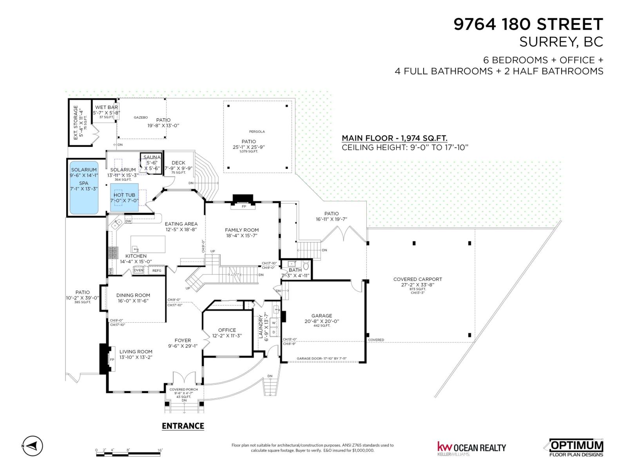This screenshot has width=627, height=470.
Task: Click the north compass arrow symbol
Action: pos(33,445)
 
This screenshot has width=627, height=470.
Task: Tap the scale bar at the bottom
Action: pos(129,454)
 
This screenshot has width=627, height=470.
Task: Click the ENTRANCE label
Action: pos(183,426)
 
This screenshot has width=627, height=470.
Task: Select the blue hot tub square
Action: pos(124,197)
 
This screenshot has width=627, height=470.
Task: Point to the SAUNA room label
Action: pos(152,157)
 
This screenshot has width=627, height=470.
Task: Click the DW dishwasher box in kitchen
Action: pos(128,221)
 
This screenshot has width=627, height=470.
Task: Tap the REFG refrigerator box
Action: pos(156,270)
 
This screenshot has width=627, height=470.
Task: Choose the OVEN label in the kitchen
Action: pos(139,270)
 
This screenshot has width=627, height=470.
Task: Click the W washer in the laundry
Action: pos(274,323)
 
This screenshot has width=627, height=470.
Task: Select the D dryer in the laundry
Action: pos(274,332)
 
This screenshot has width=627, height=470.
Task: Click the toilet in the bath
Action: pos(306,265)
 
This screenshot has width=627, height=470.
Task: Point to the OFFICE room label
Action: pos(227,330)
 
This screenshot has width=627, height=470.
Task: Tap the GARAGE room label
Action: pos(322,316)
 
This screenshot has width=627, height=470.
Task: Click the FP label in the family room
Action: pos(244,206)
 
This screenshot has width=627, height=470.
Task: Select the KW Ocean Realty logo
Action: pos(471,448)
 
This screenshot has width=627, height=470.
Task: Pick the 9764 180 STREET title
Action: pos(528,24)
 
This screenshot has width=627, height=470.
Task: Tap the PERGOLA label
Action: pos(257,132)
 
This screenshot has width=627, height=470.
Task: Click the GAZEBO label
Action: pos(141,117)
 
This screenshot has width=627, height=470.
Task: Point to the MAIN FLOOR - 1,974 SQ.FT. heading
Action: pos(395,138)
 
